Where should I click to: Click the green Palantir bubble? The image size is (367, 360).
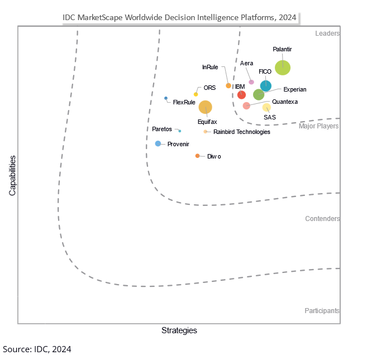tap(283, 68)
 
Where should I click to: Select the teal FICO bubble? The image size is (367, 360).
tap(266, 86)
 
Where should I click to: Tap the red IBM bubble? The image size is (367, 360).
tap(241, 95)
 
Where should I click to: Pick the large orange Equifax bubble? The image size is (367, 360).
tap(206, 107)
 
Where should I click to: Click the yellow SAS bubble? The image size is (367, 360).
tap(266, 107)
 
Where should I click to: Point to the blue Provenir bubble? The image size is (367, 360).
tap(158, 143)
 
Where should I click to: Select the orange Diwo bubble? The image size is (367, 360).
tap(197, 156)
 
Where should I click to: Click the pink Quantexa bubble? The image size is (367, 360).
tap(246, 105)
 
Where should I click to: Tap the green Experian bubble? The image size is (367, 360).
tap(259, 95)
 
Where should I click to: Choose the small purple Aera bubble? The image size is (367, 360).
tap(251, 82)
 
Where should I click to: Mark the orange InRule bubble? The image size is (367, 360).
tap(228, 85)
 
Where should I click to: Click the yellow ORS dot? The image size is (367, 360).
tap(196, 94)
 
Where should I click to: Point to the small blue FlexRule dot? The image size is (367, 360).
tap(166, 98)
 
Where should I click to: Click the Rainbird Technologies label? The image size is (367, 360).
tap(241, 132)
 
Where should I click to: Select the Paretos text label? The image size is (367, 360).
tap(163, 129)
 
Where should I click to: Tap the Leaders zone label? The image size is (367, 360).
tap(327, 33)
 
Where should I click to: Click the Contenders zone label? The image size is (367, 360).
tap(322, 219)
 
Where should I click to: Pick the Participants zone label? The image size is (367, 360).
tap(322, 311)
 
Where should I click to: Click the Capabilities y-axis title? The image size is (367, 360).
tap(12, 175)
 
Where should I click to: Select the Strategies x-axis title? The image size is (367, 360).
tap(179, 330)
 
